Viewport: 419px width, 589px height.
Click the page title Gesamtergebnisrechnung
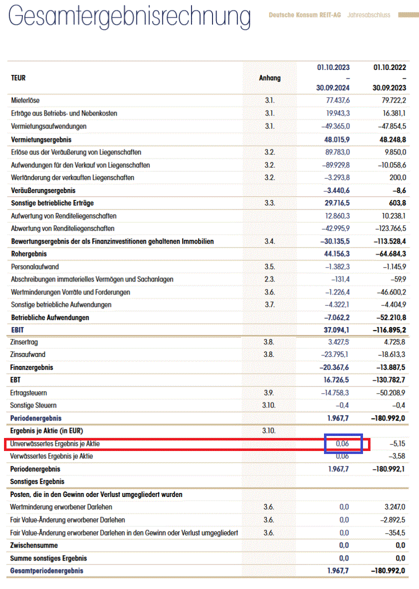(129, 17)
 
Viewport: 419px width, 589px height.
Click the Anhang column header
(269, 78)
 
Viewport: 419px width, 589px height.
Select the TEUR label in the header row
(18, 78)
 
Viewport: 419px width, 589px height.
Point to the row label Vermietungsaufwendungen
(48, 126)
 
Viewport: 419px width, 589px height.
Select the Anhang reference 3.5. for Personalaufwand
(269, 267)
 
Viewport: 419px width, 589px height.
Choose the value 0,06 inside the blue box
(342, 443)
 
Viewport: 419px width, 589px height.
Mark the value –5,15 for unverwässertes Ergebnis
(397, 443)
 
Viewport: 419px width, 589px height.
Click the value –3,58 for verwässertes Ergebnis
(397, 456)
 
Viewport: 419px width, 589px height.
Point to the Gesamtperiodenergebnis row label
(46, 570)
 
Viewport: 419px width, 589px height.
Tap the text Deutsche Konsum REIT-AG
(304, 15)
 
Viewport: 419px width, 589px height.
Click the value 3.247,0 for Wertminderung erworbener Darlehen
(393, 507)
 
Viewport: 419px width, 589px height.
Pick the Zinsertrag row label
(24, 342)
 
